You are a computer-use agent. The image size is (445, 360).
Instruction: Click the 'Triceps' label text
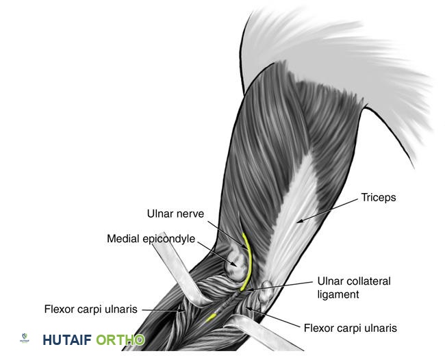click(x=379, y=198)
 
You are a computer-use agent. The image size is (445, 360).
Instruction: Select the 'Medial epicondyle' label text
click(x=151, y=239)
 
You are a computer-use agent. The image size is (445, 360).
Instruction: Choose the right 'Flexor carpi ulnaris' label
click(x=350, y=328)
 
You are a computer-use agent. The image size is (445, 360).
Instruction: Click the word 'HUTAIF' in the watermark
click(x=66, y=340)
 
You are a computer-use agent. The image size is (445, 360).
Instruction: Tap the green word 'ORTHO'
click(x=120, y=340)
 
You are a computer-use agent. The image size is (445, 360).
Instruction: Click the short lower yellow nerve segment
click(x=212, y=316)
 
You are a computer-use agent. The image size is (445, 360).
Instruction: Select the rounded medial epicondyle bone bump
click(x=236, y=266)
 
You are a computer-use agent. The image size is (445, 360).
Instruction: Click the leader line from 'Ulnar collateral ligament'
click(x=281, y=285)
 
